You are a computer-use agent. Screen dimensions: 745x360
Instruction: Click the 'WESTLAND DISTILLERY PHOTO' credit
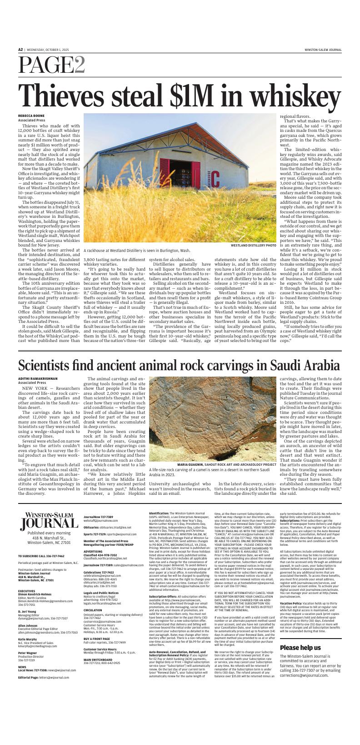coord(253,245)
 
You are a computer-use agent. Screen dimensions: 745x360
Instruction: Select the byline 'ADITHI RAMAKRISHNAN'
coord(38,378)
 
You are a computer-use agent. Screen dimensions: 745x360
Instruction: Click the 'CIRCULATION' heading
coord(93,623)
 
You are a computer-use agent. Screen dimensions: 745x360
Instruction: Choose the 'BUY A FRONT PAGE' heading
coord(98,651)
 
